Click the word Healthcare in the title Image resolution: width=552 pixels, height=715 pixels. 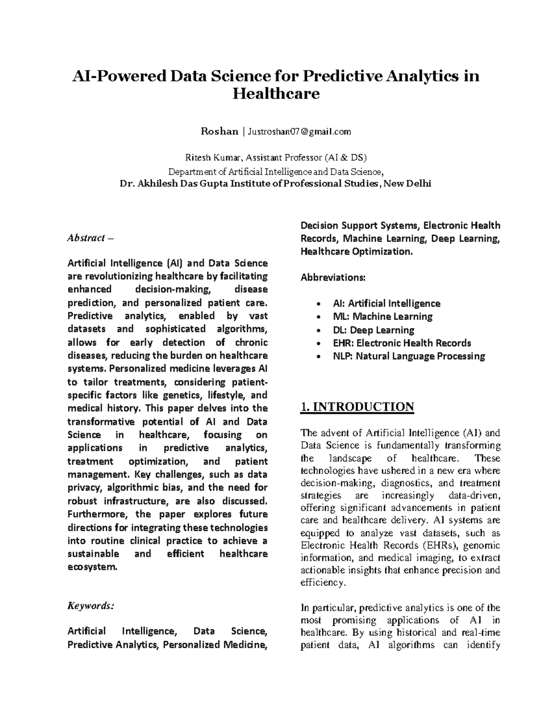coord(276,94)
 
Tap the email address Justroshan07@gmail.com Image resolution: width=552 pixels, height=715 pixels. coord(299,132)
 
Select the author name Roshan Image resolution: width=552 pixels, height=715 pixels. coord(219,132)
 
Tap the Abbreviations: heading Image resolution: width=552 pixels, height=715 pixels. coord(333,278)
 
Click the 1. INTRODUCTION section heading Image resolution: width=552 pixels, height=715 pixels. coord(356,407)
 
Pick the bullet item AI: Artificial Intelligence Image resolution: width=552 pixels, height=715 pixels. coord(386,303)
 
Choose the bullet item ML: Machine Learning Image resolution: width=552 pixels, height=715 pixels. coord(382,316)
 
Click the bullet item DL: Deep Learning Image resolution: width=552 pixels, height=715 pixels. coord(373,330)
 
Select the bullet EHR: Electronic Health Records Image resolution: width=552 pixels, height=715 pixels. coord(402,343)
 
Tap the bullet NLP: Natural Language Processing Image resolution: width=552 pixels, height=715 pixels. coord(408,356)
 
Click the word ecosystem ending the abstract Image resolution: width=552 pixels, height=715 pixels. coord(92,567)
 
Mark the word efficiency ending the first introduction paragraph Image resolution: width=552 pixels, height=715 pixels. coord(322,583)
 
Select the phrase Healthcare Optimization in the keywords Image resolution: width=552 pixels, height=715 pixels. coord(356,251)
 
